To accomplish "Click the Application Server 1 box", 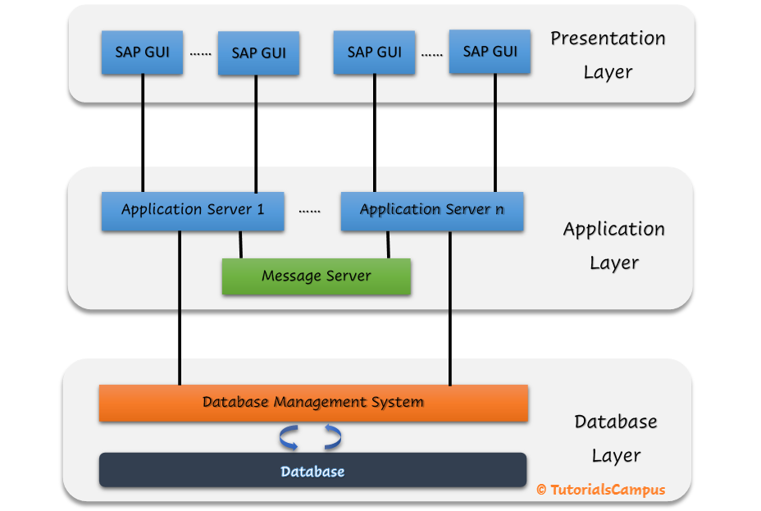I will click(193, 211).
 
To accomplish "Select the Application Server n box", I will click(431, 211).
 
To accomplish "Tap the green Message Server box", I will click(316, 276).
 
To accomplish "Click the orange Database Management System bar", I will click(313, 403).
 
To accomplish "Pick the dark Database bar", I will click(312, 471).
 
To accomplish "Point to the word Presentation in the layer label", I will click(607, 39).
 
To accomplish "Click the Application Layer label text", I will click(613, 245).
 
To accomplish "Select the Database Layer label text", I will click(615, 438).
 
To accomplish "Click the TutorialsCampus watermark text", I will click(608, 490).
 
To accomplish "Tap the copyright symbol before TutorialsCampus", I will click(541, 490).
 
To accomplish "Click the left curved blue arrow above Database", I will click(289, 438).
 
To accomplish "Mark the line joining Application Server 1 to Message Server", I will click(240, 244).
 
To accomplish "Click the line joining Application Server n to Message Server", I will click(388, 244).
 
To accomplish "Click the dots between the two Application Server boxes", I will click(309, 211).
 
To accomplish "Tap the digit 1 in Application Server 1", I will click(260, 210).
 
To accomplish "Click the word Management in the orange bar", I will click(316, 403).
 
